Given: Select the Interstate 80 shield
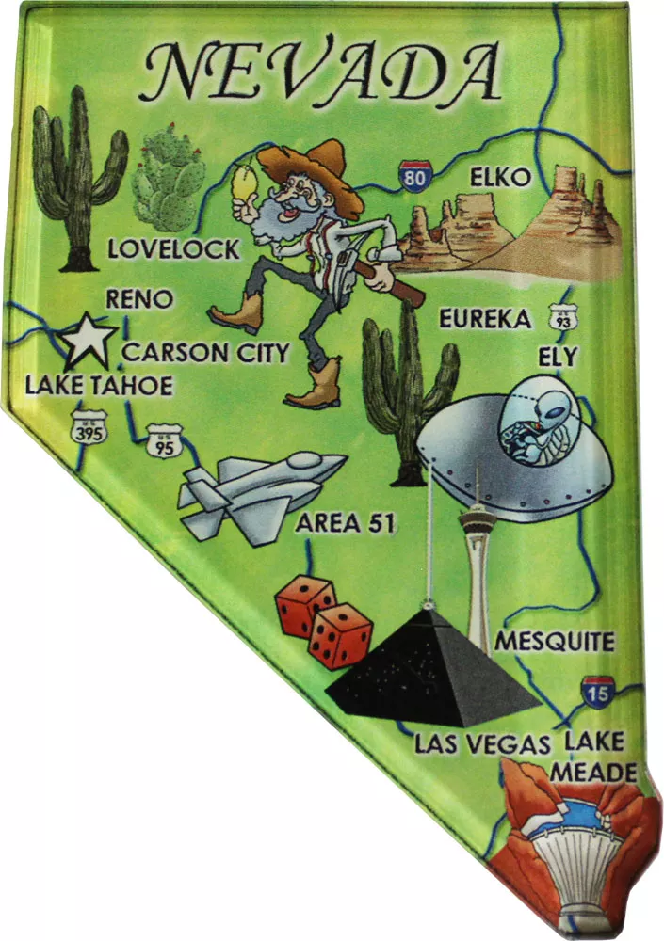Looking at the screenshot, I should point(414,175).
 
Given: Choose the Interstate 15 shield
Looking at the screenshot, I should point(598,692).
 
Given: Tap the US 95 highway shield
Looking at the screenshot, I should point(163,439).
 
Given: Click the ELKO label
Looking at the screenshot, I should point(500,177).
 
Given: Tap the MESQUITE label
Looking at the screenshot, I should point(555,642).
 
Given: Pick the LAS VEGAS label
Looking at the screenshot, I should point(482,744).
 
